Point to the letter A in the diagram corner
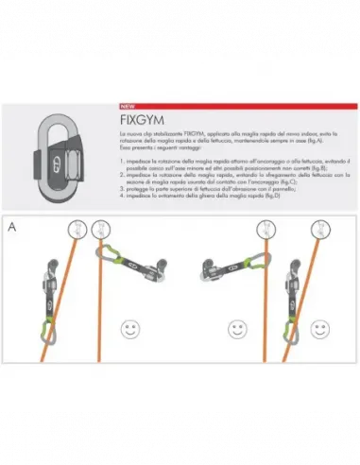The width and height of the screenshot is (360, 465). click(12, 228)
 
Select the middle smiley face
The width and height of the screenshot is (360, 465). click(235, 330)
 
